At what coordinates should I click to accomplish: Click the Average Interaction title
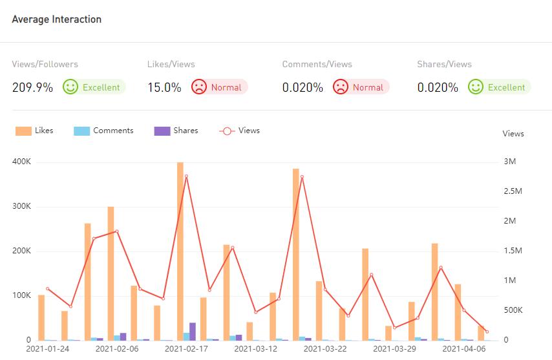pos(57,19)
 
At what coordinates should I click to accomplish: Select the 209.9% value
pos(32,87)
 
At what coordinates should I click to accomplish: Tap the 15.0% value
pos(164,87)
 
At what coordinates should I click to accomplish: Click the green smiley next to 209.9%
pos(70,87)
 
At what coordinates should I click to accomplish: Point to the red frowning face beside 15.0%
pos(199,87)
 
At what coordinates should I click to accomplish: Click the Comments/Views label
pos(317,64)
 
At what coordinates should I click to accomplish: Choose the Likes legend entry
pos(35,131)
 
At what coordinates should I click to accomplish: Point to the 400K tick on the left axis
pos(21,162)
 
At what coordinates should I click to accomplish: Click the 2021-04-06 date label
pos(463,349)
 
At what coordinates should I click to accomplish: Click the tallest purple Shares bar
pos(193,331)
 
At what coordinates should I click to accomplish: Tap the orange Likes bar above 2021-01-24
pos(41,317)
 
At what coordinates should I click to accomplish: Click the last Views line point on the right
pos(487,332)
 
